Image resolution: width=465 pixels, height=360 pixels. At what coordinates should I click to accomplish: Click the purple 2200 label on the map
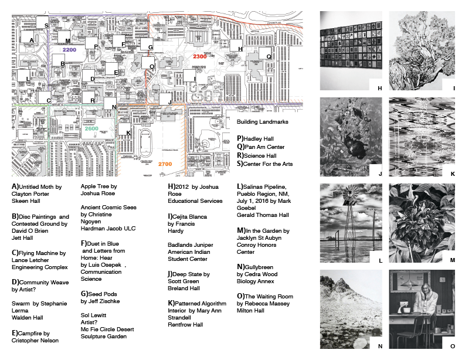pos(70,50)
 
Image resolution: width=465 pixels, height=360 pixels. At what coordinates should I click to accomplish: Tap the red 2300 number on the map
pos(200,56)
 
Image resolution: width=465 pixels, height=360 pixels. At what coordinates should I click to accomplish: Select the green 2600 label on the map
pos(91,128)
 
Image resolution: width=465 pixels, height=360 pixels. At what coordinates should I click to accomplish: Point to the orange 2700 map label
pos(165,164)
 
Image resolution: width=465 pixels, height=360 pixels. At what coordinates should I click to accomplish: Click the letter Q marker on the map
pos(269,57)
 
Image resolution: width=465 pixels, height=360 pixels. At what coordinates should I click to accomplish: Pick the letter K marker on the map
pos(128,133)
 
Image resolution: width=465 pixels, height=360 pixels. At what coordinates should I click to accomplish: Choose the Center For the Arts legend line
pos(268,164)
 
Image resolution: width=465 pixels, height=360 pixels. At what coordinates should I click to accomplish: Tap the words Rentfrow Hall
pos(185,324)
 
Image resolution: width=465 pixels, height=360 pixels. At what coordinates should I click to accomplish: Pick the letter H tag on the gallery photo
pos(379,88)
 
